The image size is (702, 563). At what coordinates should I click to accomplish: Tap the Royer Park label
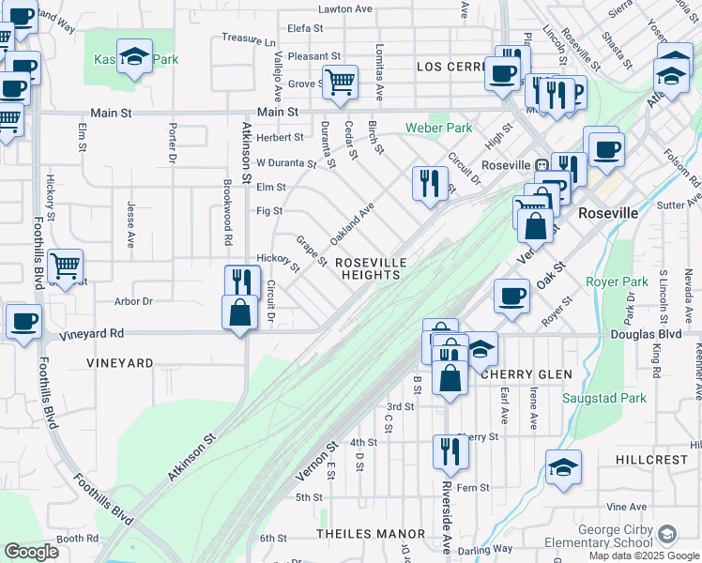(x=617, y=281)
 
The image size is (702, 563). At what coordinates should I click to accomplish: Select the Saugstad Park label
(x=604, y=398)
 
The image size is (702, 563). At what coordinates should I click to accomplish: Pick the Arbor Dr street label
(x=132, y=301)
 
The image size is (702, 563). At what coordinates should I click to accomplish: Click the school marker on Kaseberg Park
(x=134, y=56)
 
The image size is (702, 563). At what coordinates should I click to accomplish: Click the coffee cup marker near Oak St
(x=511, y=296)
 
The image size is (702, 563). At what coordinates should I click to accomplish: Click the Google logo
(x=31, y=552)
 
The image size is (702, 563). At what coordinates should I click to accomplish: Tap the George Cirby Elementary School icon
(x=666, y=535)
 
